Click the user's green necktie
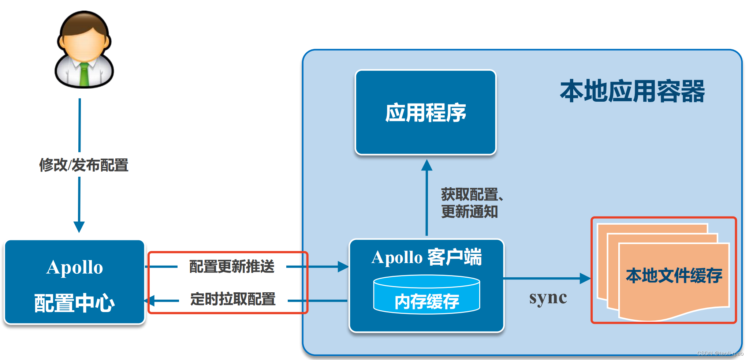[84, 75]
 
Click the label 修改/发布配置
[84, 165]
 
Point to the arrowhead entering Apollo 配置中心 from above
[79, 226]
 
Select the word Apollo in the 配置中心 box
[75, 267]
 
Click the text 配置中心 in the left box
[74, 303]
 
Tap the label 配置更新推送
[232, 266]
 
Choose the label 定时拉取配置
[233, 299]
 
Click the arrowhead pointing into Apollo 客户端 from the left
[343, 267]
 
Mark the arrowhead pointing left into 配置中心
[150, 301]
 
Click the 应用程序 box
[425, 112]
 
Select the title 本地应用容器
[632, 91]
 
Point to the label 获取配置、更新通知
[470, 203]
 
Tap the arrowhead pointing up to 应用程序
[426, 165]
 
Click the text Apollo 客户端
[426, 257]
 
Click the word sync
[548, 298]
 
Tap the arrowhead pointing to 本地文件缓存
[585, 278]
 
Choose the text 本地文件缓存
[674, 275]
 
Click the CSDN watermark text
[720, 353]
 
